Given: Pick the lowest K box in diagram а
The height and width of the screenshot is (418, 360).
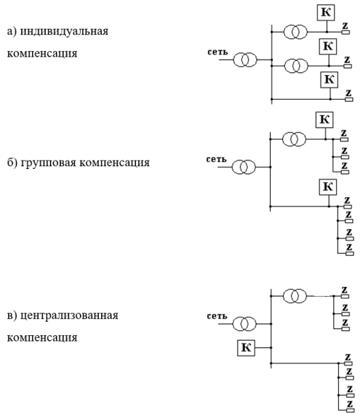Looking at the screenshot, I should coord(328,79).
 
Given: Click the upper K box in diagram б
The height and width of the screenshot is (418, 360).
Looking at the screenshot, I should coord(325,119).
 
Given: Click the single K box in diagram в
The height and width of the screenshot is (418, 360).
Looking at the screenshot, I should coord(246,346).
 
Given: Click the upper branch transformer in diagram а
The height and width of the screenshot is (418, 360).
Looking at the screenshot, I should coord(295,32).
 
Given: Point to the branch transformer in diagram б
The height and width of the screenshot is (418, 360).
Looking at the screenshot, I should coord(295,139).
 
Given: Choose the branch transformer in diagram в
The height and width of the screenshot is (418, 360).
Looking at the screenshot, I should coord(295,296).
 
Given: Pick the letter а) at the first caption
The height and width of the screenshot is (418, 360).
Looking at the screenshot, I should coord(11,32).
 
